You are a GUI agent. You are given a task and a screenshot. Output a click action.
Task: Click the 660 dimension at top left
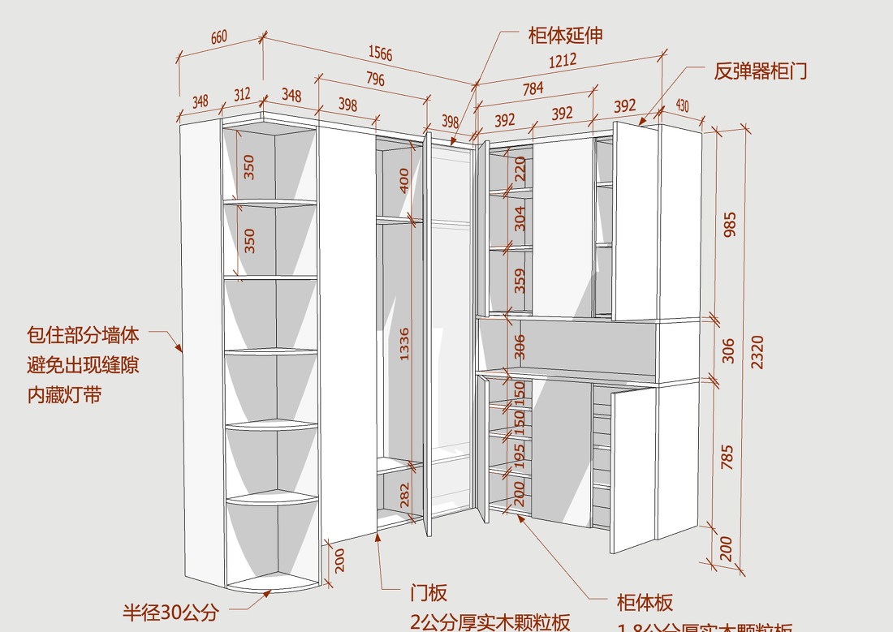pos(219,37)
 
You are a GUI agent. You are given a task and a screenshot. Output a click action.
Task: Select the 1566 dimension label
pos(380,54)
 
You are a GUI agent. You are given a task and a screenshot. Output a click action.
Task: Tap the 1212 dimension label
pos(562,60)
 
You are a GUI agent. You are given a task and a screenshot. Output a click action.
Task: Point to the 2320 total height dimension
pos(757,352)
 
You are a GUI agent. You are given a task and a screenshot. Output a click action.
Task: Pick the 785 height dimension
pos(727,457)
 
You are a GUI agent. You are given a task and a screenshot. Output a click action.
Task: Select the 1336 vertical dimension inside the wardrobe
pos(403,344)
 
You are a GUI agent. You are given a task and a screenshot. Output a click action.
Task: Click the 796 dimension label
pos(374,79)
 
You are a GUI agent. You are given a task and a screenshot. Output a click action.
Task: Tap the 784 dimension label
pos(533,89)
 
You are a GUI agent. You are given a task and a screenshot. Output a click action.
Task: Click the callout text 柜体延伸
pos(565,35)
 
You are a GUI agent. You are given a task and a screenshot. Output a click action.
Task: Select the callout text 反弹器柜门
pos(761,71)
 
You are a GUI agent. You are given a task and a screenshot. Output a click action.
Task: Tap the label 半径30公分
pos(170,613)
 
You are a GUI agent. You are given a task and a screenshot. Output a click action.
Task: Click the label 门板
pos(429,593)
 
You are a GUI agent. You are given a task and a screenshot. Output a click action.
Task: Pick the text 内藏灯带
pos(65,395)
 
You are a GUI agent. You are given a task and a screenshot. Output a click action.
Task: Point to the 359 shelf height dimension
pos(520,281)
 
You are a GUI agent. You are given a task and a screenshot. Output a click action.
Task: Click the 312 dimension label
pos(242,95)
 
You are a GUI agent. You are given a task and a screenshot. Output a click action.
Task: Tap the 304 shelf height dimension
pos(520,217)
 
